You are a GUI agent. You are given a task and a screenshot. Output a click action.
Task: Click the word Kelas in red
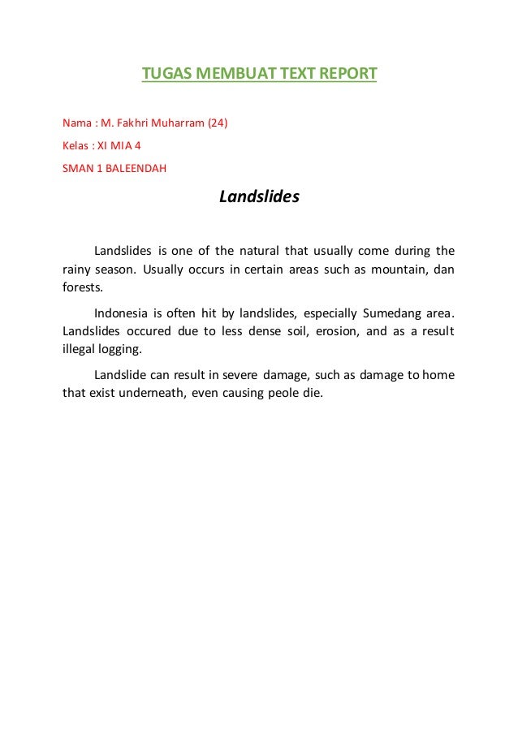77,147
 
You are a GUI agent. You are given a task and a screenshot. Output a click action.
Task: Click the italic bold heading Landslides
259,197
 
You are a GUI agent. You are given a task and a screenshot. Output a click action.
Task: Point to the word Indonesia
121,313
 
